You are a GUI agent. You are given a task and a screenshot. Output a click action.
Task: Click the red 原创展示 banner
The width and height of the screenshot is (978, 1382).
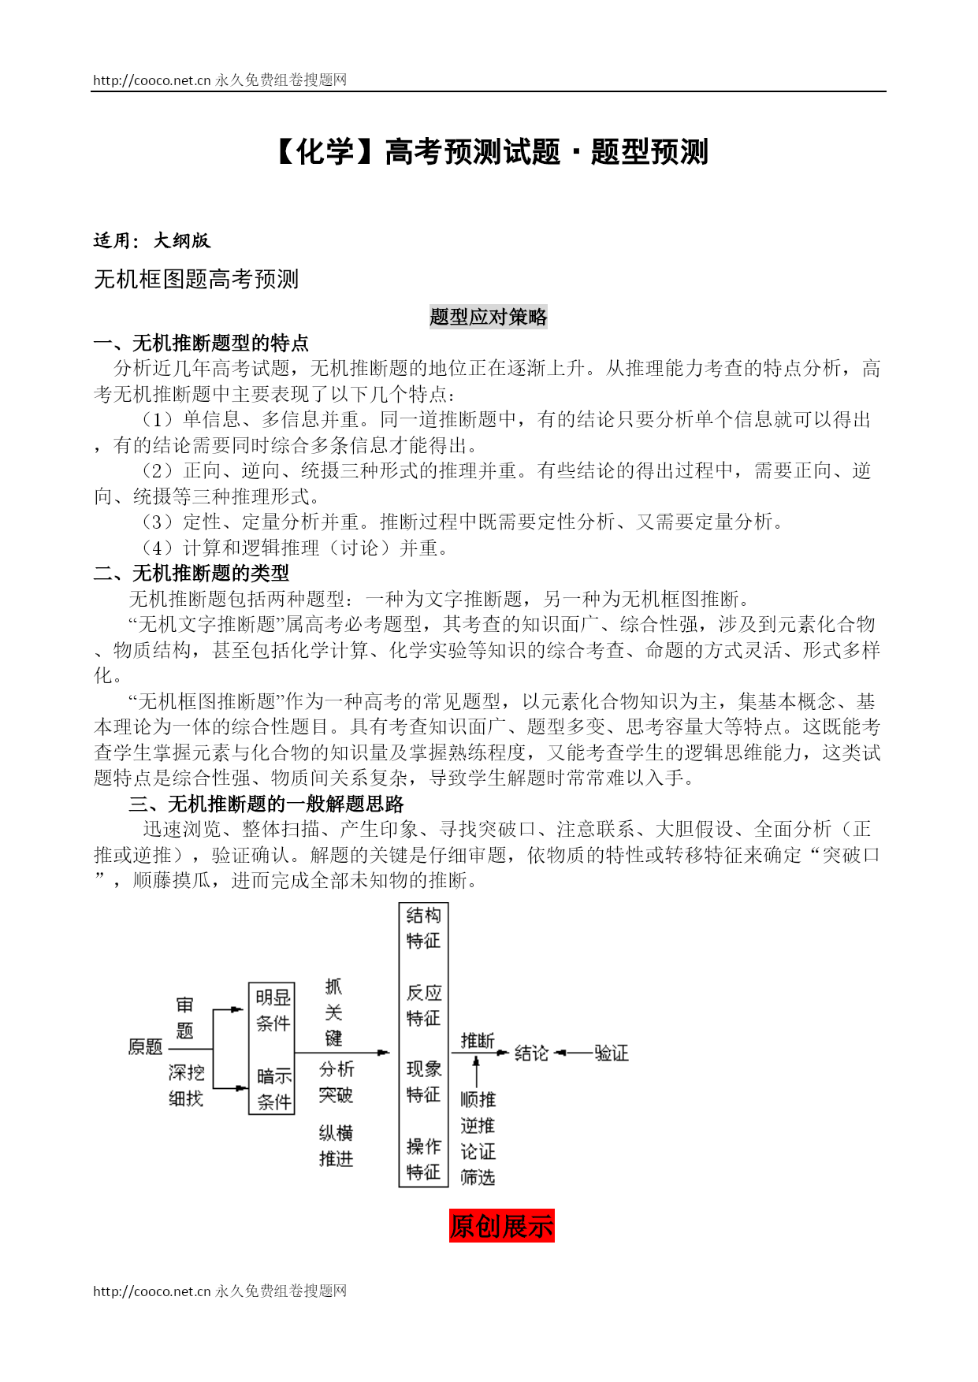[x=501, y=1226]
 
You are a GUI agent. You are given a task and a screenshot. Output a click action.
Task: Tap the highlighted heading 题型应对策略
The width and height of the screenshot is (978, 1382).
[x=488, y=317]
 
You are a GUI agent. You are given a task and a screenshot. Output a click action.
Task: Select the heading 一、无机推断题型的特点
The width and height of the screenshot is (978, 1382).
[x=201, y=343]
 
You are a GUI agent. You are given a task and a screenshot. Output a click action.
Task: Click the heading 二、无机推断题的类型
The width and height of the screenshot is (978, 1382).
[x=192, y=573]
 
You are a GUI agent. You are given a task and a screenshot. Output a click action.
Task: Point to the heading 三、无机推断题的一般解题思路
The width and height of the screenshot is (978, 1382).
[x=266, y=804]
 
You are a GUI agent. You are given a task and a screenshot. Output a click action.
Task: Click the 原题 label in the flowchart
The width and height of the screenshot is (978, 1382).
[x=145, y=1047]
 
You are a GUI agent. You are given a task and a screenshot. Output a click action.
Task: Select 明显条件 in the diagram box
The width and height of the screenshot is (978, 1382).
[x=273, y=1010]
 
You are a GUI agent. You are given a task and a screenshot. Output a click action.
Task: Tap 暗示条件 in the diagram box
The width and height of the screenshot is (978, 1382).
[x=273, y=1089]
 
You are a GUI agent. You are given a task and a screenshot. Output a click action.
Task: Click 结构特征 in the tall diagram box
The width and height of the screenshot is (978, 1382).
[x=423, y=927]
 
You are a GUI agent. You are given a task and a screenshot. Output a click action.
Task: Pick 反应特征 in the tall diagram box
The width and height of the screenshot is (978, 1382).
[x=423, y=1005]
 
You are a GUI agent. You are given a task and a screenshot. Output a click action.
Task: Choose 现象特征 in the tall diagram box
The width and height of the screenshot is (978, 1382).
[x=423, y=1082]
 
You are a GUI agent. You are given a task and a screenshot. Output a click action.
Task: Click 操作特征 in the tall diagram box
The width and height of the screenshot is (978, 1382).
[x=423, y=1159]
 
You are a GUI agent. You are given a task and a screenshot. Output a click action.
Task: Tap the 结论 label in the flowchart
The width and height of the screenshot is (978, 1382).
[x=531, y=1053]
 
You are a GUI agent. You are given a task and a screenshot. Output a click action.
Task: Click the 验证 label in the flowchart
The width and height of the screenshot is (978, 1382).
[x=611, y=1053]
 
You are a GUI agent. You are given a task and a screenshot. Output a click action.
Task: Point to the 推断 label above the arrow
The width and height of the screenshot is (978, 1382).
[x=478, y=1041]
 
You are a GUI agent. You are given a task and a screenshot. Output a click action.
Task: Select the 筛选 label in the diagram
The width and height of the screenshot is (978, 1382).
[x=478, y=1177]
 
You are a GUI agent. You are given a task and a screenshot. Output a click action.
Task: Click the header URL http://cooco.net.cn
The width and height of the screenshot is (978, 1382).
[x=152, y=80]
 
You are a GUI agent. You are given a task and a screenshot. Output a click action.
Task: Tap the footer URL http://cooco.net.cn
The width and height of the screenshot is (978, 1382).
[x=152, y=1291]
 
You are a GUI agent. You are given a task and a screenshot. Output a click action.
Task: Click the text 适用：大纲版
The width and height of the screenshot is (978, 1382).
[x=152, y=240]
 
